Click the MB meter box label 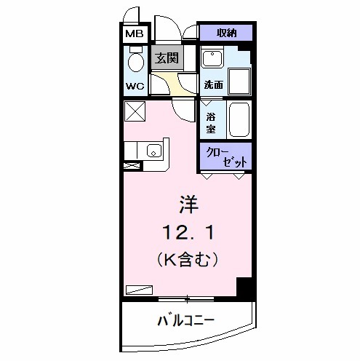[134, 33]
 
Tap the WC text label [135, 85]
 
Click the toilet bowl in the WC [135, 61]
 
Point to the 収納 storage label [226, 33]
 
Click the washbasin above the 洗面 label [212, 59]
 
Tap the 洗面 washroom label [213, 85]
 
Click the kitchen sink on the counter [153, 151]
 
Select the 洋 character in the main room [188, 203]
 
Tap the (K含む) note [188, 258]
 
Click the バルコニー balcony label [185, 320]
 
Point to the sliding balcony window [187, 298]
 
